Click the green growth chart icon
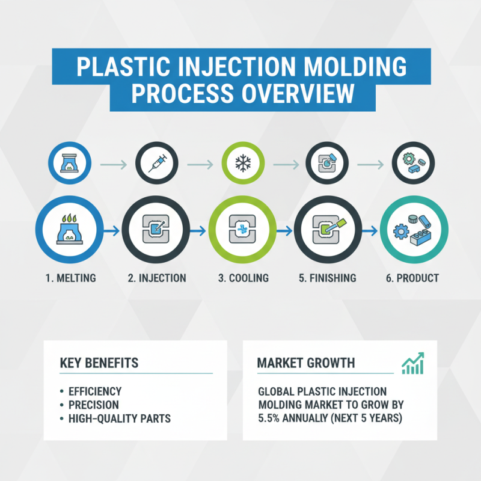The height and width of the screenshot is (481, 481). (412, 363)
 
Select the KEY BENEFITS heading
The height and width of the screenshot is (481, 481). (99, 363)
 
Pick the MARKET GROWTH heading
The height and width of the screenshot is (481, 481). (305, 363)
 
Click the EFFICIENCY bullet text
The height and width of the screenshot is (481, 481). (96, 391)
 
